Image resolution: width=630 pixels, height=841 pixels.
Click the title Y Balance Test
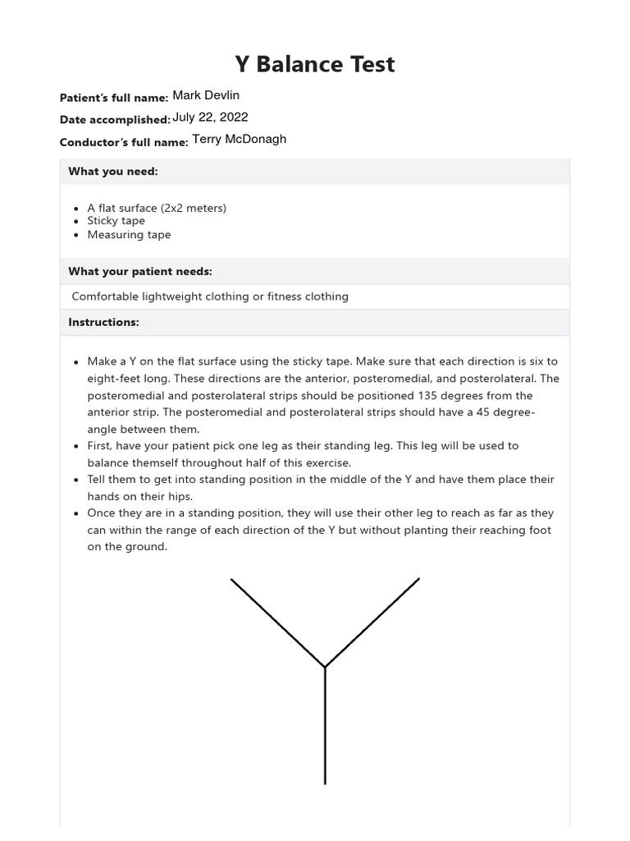[x=315, y=64]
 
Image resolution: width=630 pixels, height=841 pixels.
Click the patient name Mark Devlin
[x=206, y=95]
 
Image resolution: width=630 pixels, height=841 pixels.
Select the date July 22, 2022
[x=210, y=117]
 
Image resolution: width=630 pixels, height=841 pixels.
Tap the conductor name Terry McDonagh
[x=240, y=140]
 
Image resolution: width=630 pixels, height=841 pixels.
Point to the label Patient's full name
[x=113, y=98]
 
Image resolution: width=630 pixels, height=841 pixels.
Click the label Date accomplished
[x=114, y=120]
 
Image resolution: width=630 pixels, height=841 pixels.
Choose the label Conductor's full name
[x=124, y=142]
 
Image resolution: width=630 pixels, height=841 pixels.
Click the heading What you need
[x=112, y=171]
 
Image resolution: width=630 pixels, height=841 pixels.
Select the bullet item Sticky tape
[x=116, y=221]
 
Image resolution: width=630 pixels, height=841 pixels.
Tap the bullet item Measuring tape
[x=129, y=235]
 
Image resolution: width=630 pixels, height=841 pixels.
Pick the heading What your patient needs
[x=140, y=271]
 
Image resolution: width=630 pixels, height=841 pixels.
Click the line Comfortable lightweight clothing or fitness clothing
[x=210, y=296]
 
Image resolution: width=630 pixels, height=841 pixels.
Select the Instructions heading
[x=103, y=322]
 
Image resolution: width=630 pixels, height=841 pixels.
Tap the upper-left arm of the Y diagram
[x=277, y=623]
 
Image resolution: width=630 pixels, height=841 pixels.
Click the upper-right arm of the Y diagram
[x=372, y=623]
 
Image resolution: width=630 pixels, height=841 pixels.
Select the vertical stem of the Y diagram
[x=326, y=727]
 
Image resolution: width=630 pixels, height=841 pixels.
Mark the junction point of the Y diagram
[x=326, y=667]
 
